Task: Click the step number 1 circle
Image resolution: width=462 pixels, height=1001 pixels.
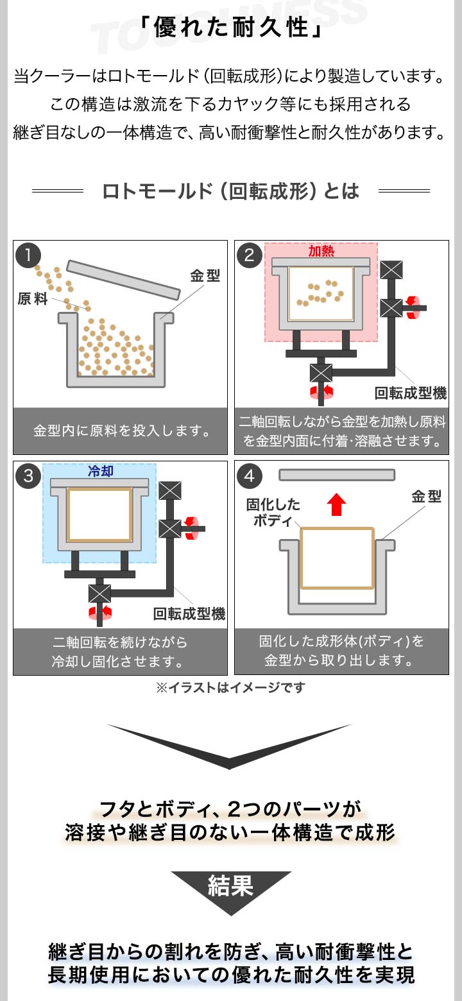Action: (28, 255)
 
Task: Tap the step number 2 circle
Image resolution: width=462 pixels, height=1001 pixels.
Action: (250, 255)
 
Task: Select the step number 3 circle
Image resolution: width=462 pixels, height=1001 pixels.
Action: (28, 476)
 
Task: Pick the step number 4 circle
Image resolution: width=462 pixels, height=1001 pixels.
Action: (250, 476)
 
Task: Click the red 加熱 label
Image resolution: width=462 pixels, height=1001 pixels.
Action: (321, 252)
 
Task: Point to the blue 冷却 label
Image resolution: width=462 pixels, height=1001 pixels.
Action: (100, 471)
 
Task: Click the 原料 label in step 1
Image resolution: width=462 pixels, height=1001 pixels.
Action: (33, 299)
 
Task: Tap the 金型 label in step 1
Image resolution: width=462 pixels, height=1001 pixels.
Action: (205, 277)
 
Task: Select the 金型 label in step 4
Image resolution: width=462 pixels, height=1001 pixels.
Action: (426, 497)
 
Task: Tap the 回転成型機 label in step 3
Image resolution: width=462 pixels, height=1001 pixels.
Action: (189, 614)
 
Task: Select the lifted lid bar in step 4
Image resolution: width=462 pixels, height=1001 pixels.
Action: (337, 475)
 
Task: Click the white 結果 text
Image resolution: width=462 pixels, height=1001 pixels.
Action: (231, 886)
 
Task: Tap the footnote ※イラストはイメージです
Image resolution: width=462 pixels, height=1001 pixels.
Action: (230, 688)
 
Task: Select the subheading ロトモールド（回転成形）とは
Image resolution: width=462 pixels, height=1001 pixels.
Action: (230, 191)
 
